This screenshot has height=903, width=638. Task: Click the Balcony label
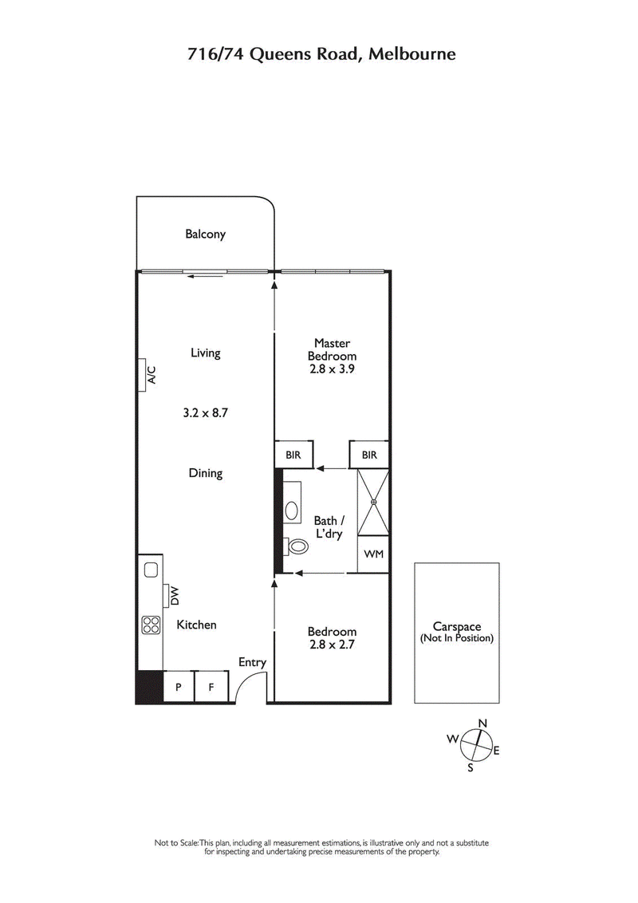coord(205,235)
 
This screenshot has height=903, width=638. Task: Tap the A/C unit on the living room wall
coord(148,375)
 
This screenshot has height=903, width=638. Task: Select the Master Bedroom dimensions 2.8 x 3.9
coord(332,370)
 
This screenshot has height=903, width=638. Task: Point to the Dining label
coord(205,473)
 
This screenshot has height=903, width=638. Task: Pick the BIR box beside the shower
coord(368,455)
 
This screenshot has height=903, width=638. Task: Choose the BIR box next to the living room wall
coord(293,455)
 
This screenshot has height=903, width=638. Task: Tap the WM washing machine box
coord(372,554)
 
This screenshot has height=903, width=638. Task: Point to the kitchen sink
coord(150,570)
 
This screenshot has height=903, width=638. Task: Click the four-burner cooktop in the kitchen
coord(150,625)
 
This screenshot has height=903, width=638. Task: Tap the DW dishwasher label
coord(170,596)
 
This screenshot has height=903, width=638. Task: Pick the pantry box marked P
coord(179,687)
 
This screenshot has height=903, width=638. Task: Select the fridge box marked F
coord(211,687)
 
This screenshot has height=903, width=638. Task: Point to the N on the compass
coord(482,724)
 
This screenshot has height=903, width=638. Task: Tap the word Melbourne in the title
coord(415,54)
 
